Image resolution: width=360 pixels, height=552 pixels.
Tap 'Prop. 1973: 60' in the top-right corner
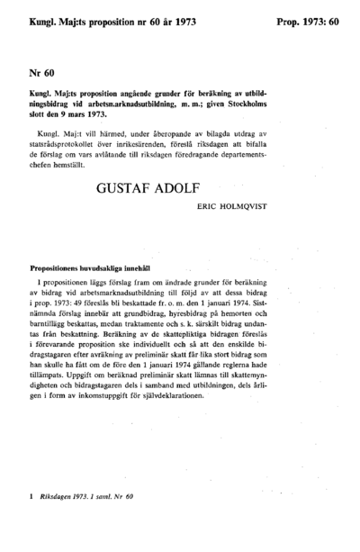[x=308, y=18]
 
